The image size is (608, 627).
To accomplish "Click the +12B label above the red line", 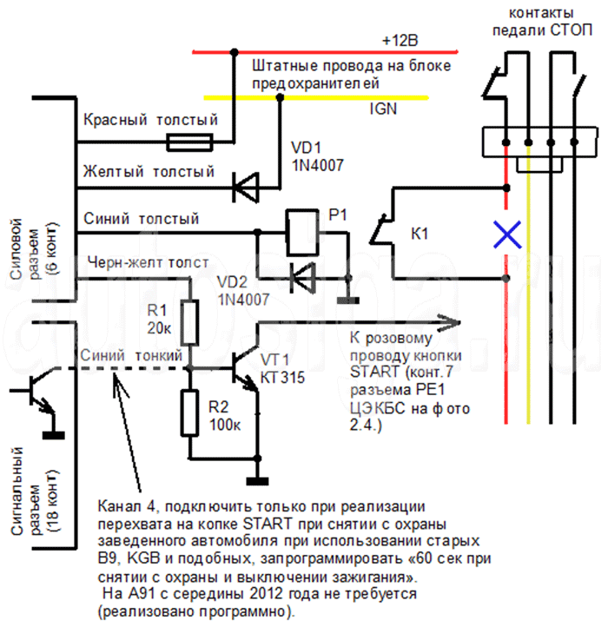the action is [x=400, y=41].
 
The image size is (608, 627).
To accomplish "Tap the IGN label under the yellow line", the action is [x=383, y=109].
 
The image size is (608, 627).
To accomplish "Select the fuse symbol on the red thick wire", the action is [x=189, y=142].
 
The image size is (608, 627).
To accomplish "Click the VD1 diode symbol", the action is [x=246, y=187].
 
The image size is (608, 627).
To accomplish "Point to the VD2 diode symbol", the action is [x=303, y=278].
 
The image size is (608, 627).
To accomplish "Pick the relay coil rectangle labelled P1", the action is [x=302, y=233].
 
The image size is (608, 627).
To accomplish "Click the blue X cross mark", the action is [x=507, y=234].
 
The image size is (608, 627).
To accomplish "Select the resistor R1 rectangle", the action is [x=189, y=323].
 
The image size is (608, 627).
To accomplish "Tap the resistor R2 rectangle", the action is [x=189, y=413].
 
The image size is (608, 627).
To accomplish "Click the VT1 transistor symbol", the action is [x=244, y=368].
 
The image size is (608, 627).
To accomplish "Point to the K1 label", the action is [x=420, y=234].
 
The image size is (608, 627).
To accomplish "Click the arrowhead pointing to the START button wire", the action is [x=448, y=323].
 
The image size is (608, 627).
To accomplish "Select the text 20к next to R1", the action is [x=159, y=328].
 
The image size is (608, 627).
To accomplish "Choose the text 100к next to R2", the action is [x=225, y=425].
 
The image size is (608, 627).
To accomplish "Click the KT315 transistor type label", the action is [x=282, y=378].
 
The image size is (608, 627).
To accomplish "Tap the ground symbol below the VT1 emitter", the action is [x=257, y=480].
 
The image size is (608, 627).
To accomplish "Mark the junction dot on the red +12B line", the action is [x=235, y=52].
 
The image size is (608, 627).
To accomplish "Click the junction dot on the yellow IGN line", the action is [x=280, y=97].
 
